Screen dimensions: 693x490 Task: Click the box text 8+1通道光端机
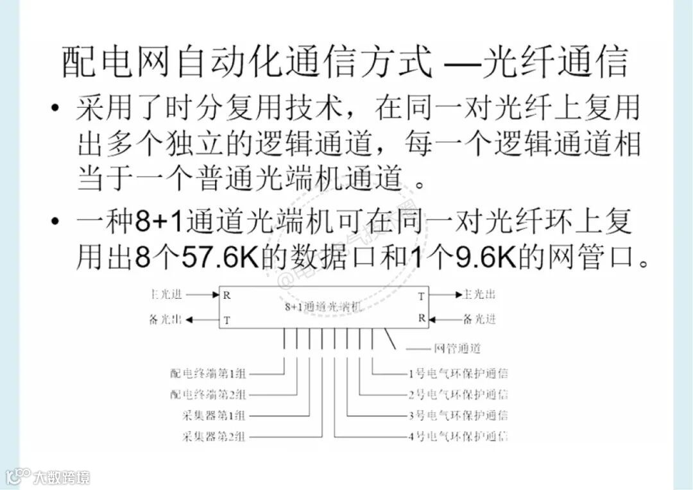coord(323,307)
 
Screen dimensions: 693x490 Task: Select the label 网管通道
coord(458,349)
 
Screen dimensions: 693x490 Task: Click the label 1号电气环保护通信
coord(458,373)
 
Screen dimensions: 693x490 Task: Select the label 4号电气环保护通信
coord(458,437)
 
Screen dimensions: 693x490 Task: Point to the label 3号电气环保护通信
coord(458,416)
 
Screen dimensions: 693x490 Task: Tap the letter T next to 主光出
coord(422,296)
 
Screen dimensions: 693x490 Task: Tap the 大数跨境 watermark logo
coord(49,477)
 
